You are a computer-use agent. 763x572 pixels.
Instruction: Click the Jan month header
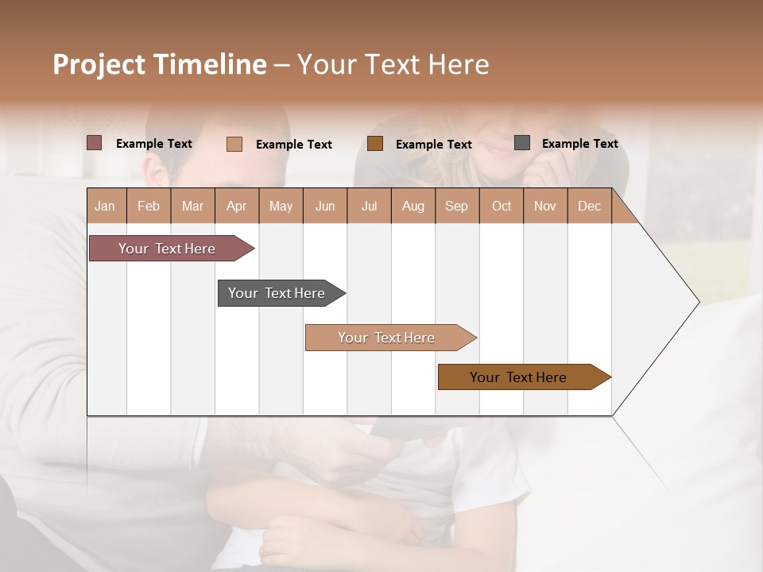(105, 206)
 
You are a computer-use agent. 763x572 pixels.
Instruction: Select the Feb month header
(149, 206)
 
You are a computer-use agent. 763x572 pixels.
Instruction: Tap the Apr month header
(236, 206)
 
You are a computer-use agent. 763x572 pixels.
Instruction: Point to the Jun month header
(324, 206)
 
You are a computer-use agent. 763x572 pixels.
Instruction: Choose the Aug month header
(412, 206)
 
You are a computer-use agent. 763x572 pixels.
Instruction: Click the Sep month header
(456, 206)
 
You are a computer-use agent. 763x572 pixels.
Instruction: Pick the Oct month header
(502, 206)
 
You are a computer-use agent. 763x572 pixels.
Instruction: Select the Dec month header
(589, 206)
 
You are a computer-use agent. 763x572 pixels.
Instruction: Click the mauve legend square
(95, 143)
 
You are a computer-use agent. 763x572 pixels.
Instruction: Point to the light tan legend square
(234, 144)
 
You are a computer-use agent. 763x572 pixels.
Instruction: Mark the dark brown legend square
(375, 143)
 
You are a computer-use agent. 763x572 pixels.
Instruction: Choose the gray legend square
(522, 143)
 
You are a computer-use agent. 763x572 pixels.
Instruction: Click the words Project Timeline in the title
(160, 64)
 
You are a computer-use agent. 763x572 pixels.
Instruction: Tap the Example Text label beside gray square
(579, 144)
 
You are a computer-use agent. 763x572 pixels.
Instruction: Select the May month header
(281, 206)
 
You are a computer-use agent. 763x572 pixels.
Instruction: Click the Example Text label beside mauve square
(154, 144)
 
